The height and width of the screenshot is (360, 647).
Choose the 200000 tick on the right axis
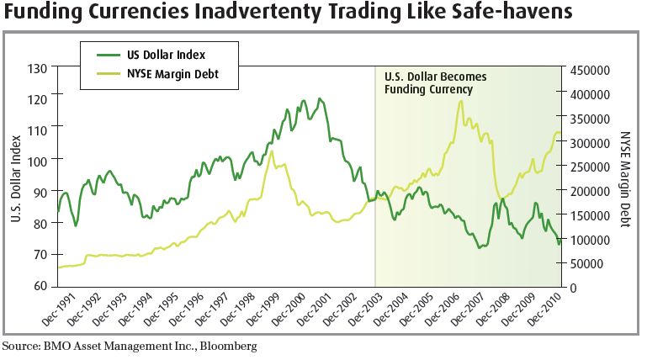[x=591, y=192]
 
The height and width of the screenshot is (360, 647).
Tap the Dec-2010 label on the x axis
[x=544, y=310]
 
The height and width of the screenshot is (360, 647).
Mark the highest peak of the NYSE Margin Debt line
[x=461, y=102]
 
